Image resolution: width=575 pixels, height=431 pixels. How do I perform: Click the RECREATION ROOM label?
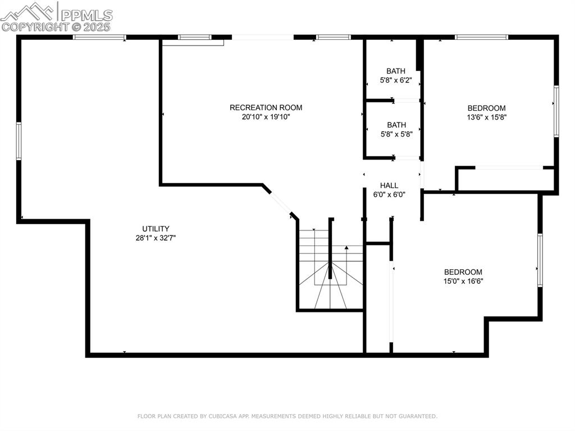[266, 107]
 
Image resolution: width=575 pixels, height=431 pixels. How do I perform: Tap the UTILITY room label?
[156, 229]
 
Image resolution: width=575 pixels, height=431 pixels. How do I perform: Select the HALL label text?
[389, 185]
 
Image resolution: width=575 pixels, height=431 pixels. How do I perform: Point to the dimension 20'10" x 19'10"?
[266, 117]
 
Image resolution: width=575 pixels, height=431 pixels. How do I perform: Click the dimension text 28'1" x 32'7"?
[156, 238]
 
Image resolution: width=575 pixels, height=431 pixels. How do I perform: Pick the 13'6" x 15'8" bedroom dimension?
[487, 117]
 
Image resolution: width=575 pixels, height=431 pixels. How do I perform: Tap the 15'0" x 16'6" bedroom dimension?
[463, 281]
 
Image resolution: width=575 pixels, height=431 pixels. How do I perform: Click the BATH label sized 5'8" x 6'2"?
[396, 71]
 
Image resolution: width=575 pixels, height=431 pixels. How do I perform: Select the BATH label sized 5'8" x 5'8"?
[396, 125]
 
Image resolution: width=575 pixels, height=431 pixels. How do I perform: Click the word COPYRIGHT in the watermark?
[34, 26]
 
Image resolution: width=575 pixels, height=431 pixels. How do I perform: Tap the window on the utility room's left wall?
[19, 142]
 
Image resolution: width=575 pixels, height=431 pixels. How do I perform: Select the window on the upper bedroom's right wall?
[556, 111]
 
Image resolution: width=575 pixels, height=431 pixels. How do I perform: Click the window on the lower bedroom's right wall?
[540, 260]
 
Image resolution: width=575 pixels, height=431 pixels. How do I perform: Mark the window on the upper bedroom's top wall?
[481, 37]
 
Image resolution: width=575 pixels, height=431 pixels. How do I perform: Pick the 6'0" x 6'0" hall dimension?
[389, 194]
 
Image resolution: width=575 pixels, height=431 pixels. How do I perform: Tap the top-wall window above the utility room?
[99, 37]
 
